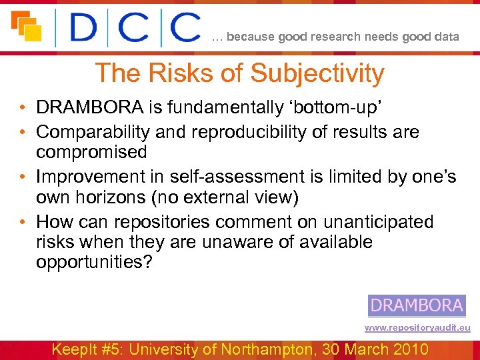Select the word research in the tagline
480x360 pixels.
coord(341,37)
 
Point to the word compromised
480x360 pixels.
coord(91,152)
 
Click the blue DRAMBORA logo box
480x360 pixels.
coord(417,305)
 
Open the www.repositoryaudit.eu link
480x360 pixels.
coord(417,327)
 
